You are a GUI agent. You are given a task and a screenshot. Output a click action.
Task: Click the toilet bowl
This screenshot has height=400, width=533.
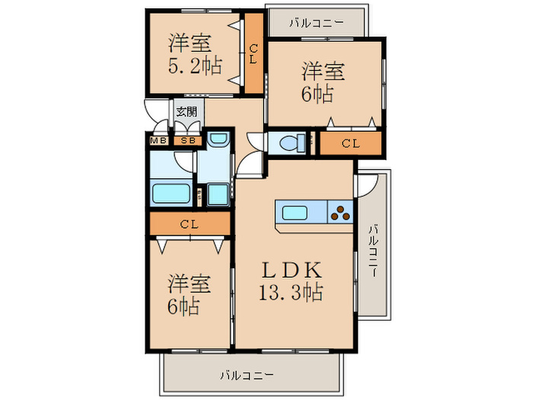coord(289,142)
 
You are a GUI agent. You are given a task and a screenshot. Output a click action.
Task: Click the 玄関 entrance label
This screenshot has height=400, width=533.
coord(187,111)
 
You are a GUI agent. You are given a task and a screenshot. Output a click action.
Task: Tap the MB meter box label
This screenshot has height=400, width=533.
coord(159,140)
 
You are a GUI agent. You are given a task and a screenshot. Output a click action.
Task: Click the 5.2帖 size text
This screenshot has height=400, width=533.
coord(194,66)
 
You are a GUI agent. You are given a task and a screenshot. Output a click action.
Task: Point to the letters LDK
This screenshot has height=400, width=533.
coord(294,269)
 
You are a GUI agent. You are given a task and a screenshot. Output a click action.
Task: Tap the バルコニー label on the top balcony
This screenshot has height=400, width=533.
coord(316,22)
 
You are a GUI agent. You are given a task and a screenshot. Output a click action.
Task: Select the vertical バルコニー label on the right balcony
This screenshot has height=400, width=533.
coord(374,251)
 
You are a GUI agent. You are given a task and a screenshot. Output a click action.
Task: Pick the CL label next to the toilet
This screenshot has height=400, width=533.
coord(350,143)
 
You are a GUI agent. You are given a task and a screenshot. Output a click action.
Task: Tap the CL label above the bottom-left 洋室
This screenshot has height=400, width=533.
coord(190,224)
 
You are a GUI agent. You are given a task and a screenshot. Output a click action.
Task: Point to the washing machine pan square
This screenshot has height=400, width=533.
coord(218,193)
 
